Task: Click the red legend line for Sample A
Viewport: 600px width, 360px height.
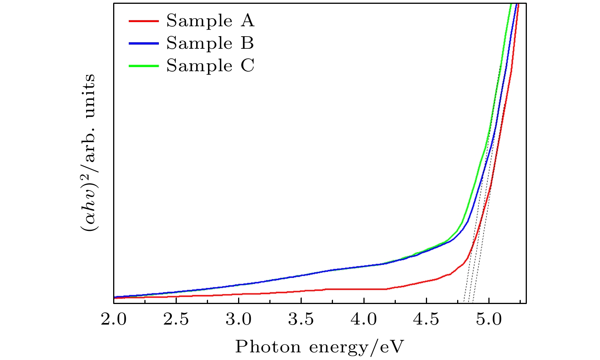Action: [x=143, y=21]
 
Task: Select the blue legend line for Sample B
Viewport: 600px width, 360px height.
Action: [x=143, y=44]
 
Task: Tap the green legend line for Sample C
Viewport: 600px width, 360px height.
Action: [x=143, y=66]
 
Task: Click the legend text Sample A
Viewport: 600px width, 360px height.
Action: [x=210, y=21]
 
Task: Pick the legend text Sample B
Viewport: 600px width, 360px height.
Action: [x=210, y=43]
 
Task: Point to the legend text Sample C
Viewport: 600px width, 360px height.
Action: [x=210, y=66]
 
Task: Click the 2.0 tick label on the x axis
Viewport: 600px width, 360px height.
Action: [x=114, y=320]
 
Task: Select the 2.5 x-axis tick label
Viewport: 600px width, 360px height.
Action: [x=176, y=320]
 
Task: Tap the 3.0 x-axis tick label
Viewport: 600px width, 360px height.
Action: [x=238, y=320]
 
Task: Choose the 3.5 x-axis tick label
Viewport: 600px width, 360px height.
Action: [x=301, y=320]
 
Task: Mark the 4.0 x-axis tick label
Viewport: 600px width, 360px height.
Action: [x=364, y=320]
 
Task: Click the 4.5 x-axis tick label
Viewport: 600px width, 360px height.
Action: [x=426, y=320]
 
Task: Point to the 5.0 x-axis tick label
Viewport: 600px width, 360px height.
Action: [x=489, y=320]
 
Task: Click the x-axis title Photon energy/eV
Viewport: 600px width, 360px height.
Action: [x=319, y=347]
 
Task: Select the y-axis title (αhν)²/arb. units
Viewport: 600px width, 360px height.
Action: [x=88, y=152]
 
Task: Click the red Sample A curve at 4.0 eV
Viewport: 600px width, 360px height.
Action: [x=364, y=289]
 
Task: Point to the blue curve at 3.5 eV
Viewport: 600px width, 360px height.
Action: [x=301, y=275]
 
